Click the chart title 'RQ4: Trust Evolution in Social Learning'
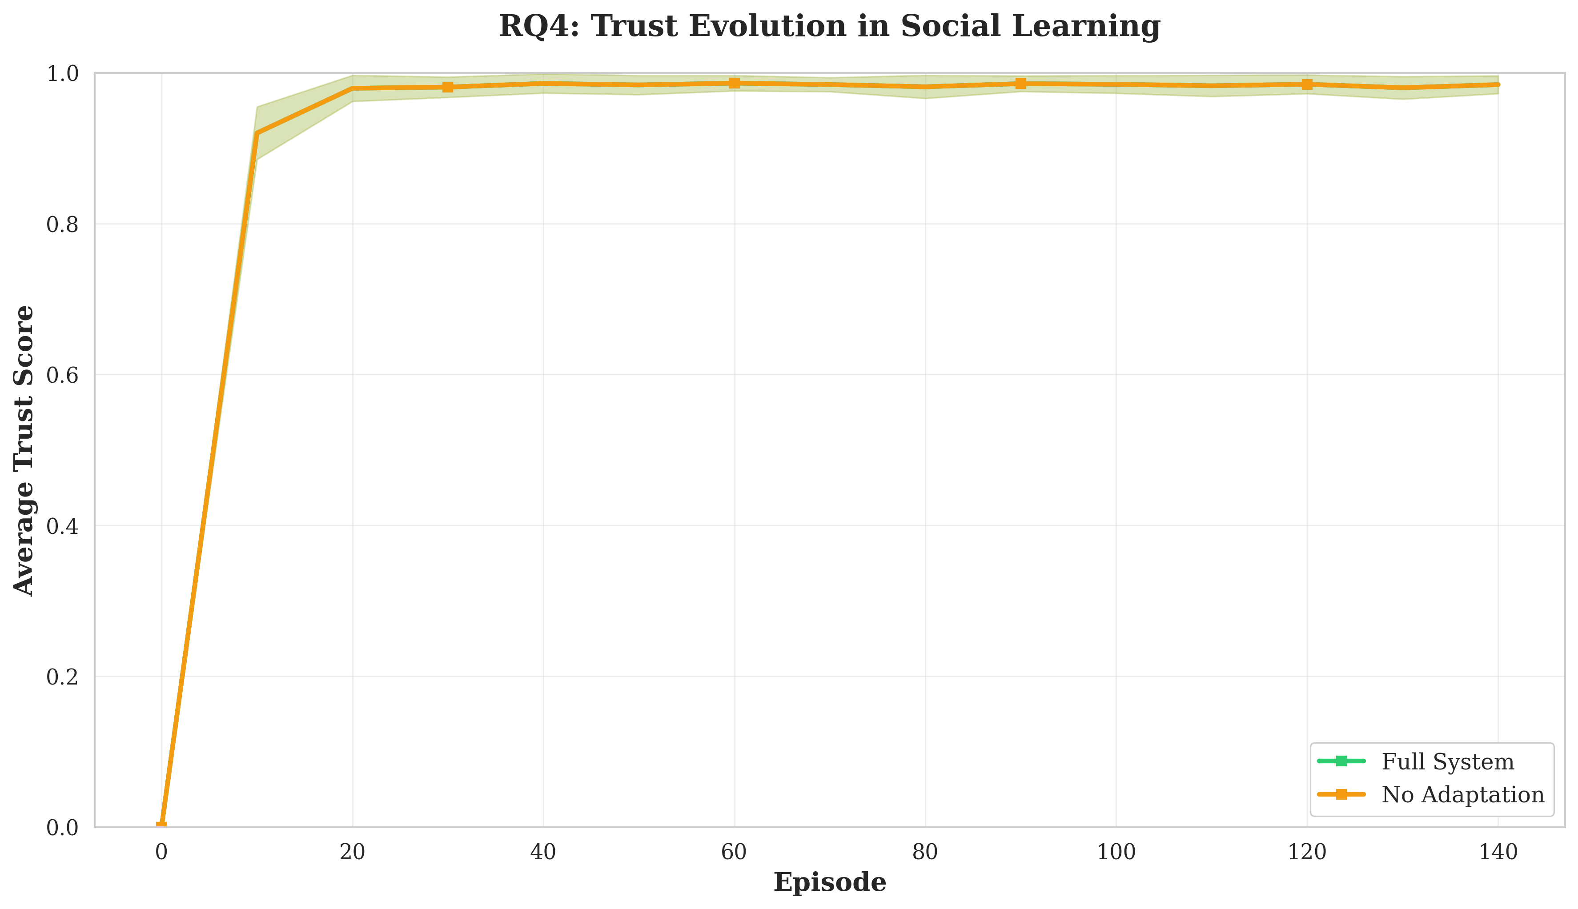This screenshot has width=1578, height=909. tap(829, 27)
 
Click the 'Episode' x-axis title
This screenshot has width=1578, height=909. tap(829, 882)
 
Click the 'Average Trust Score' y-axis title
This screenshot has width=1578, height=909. tap(24, 450)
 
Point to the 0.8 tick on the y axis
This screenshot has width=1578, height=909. tap(62, 224)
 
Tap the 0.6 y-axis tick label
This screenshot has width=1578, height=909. tap(62, 375)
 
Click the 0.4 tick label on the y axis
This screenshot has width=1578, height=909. tap(62, 526)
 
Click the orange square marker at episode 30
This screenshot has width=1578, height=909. tap(448, 87)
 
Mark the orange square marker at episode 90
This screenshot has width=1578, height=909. tap(1020, 84)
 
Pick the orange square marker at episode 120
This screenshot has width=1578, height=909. tap(1307, 84)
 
